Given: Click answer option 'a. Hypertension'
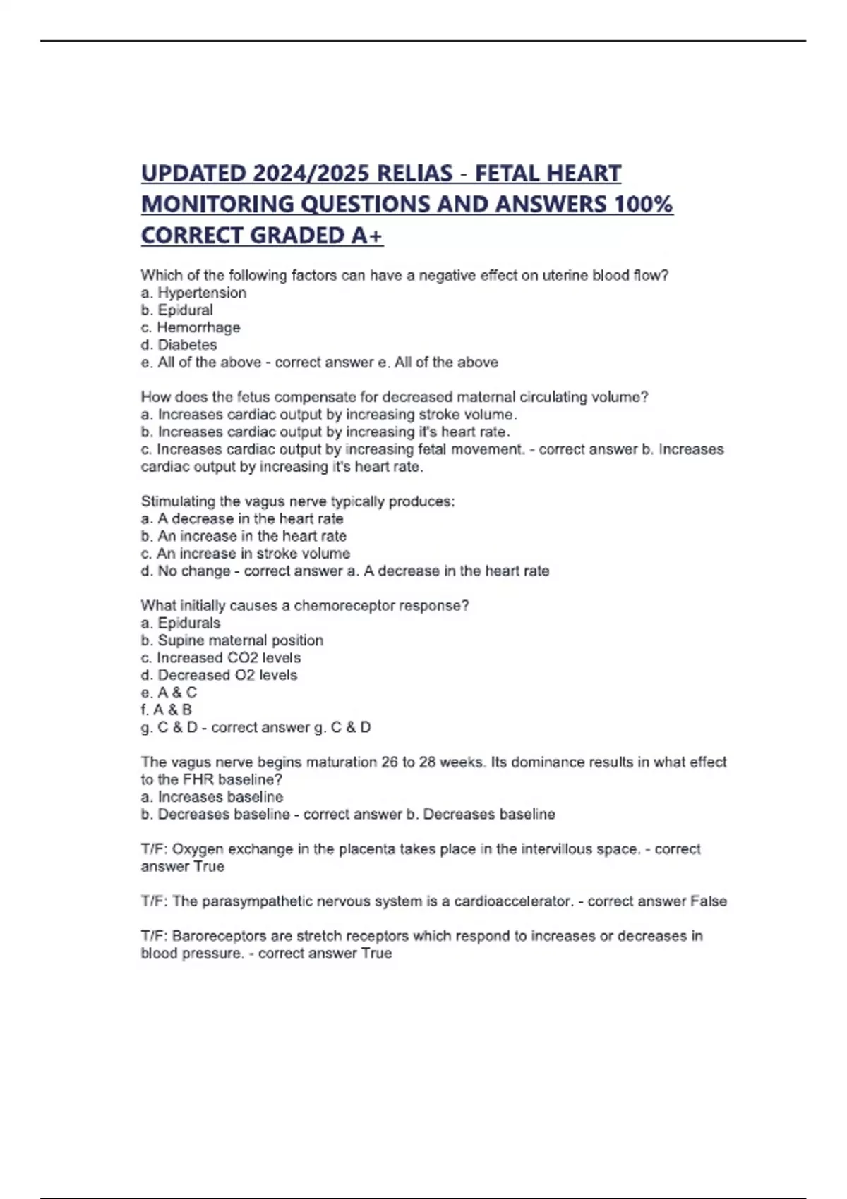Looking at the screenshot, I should pyautogui.click(x=194, y=293).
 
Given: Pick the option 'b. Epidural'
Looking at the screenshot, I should pyautogui.click(x=177, y=310).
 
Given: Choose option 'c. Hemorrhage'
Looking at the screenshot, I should pyautogui.click(x=191, y=327).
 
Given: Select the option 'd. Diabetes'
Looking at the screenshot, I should pyautogui.click(x=179, y=345).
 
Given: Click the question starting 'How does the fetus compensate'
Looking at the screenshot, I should pyautogui.click(x=395, y=397).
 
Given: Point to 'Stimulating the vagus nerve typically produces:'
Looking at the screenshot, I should pyautogui.click(x=298, y=501).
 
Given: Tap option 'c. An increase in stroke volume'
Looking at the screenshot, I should pyautogui.click(x=246, y=554).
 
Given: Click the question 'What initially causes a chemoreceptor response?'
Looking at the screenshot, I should pyautogui.click(x=305, y=606).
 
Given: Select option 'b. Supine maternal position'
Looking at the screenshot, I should pyautogui.click(x=232, y=640).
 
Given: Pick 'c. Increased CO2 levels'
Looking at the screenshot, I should pyautogui.click(x=221, y=658).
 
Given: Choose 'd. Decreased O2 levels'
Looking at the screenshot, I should pyautogui.click(x=219, y=675).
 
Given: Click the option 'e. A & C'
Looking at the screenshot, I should pyautogui.click(x=169, y=693).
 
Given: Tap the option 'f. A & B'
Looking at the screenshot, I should pyautogui.click(x=167, y=710).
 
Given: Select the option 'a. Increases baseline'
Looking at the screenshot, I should pyautogui.click(x=212, y=797).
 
